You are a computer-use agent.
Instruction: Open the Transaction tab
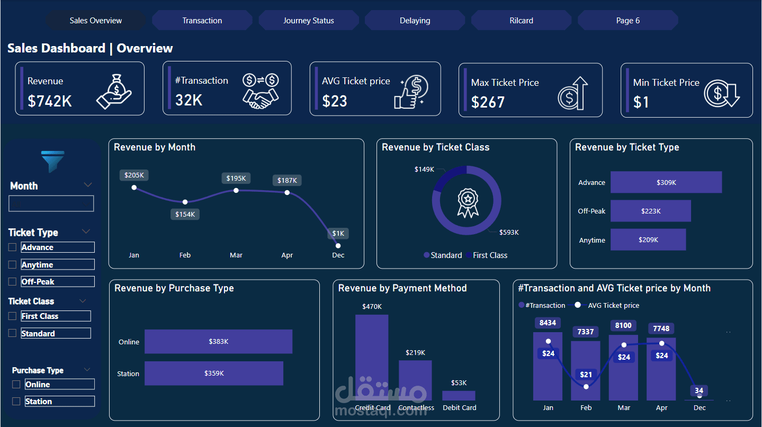coord(202,21)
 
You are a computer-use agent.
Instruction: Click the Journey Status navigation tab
coord(308,21)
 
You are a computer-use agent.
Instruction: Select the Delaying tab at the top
coord(415,21)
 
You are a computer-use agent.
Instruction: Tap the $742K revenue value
coord(50,101)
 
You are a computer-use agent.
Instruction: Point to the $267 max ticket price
coord(488,102)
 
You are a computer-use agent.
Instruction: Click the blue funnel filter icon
coord(52,161)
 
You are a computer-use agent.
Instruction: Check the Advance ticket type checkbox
coord(13,247)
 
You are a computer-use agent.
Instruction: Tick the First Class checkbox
coord(13,316)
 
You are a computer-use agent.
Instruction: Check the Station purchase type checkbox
coord(16,401)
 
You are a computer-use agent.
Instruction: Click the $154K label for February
coord(185,215)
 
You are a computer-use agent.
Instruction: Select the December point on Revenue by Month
coord(338,245)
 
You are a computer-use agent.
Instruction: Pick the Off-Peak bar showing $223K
coord(650,211)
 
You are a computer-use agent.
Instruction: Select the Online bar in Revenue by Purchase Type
coord(218,342)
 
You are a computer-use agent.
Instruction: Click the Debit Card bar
coord(459,395)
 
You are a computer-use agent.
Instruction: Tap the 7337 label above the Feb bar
coord(586,332)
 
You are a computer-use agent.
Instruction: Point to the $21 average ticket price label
coord(586,375)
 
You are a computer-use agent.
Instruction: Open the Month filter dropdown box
coord(51,203)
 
